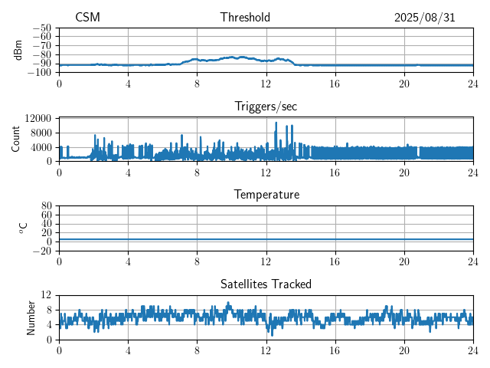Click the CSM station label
pos(87,18)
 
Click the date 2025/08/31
pos(424,18)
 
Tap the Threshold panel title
pos(245,18)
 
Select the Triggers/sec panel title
pos(266,107)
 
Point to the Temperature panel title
pos(266,195)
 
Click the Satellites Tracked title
pos(266,284)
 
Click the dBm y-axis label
pos(18,50)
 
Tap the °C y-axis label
pos(23,228)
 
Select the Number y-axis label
pos(31,317)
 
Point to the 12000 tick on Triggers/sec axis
pos(38,118)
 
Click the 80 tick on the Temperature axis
pos(46,206)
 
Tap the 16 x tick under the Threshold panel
pos(335,83)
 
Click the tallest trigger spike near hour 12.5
pos(276,123)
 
